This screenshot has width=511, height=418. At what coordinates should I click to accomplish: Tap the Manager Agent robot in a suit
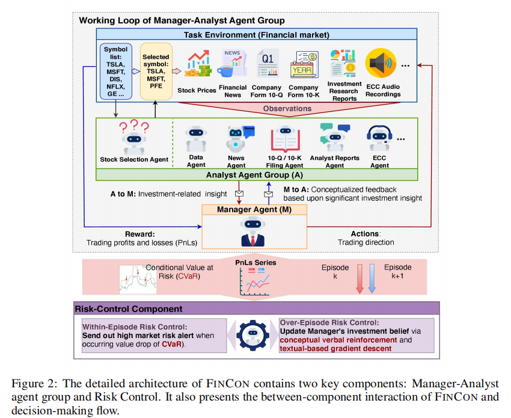coord(253,232)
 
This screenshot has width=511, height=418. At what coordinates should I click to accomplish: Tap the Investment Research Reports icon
coord(344,61)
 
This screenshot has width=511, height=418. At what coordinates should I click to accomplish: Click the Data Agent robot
coord(196,140)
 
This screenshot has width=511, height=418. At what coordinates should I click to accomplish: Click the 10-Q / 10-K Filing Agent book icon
coord(284,139)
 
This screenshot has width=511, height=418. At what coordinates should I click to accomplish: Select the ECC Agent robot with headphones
coord(379,140)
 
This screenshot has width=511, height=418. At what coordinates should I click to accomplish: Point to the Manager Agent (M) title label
coord(254,210)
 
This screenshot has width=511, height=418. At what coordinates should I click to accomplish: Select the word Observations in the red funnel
coord(287,108)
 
